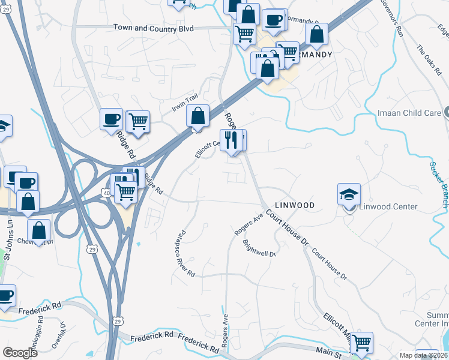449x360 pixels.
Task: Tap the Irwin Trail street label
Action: click(x=184, y=103)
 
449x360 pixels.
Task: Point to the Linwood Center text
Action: click(x=388, y=206)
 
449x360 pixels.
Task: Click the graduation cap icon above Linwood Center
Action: click(x=349, y=194)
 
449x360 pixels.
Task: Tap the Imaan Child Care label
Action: click(x=410, y=113)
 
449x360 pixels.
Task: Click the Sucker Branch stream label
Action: click(x=439, y=184)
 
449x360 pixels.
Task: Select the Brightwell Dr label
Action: click(x=259, y=248)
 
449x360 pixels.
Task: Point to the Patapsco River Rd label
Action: click(x=184, y=254)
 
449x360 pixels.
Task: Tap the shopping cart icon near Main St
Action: click(x=361, y=343)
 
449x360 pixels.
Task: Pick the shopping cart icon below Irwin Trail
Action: click(x=138, y=121)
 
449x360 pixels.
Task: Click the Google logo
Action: click(x=20, y=353)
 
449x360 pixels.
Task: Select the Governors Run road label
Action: click(x=391, y=18)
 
